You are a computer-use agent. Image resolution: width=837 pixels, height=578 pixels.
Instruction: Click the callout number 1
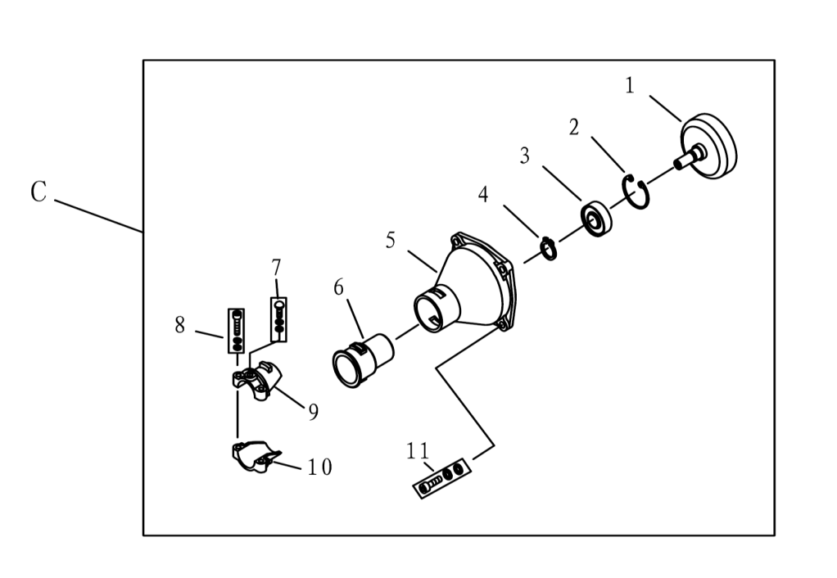click(630, 85)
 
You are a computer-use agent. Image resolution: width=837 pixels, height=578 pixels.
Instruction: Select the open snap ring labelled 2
click(636, 192)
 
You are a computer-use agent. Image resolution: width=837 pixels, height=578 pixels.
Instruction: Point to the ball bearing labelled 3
click(597, 219)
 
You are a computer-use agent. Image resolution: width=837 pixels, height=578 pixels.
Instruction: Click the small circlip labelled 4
click(549, 249)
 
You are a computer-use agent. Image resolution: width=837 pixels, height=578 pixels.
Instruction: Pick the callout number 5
click(391, 240)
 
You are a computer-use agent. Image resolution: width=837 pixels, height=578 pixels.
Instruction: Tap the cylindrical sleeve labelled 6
click(363, 360)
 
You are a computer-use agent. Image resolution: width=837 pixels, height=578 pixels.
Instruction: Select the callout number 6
click(338, 287)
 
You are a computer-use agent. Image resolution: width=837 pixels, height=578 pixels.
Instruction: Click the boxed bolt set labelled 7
click(278, 319)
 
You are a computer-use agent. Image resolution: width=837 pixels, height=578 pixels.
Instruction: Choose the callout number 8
click(180, 324)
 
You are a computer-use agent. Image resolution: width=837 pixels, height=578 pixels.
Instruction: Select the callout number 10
click(319, 467)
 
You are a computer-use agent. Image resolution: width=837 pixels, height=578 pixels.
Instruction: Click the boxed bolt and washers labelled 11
click(443, 477)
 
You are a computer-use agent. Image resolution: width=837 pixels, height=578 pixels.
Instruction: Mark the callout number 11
click(418, 452)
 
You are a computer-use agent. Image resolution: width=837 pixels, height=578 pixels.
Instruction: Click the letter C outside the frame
click(38, 192)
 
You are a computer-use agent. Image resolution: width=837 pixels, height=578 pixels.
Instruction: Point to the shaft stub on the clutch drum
click(689, 158)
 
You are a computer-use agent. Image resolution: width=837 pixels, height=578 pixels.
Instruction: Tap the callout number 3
click(525, 156)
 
